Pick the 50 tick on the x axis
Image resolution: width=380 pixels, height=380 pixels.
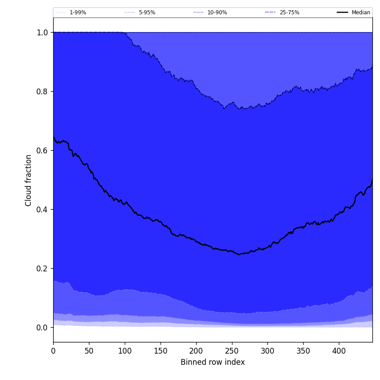89,351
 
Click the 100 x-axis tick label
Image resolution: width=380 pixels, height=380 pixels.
125,351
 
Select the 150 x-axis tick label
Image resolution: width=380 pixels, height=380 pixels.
160,351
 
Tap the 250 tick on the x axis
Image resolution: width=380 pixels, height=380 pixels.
232,351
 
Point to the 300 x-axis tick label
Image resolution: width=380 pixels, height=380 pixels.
267,351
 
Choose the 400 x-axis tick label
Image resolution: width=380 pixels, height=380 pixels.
339,351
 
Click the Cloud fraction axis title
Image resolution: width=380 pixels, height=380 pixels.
29,180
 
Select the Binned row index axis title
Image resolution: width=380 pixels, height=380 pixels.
213,363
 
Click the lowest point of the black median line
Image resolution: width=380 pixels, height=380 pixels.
239,254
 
